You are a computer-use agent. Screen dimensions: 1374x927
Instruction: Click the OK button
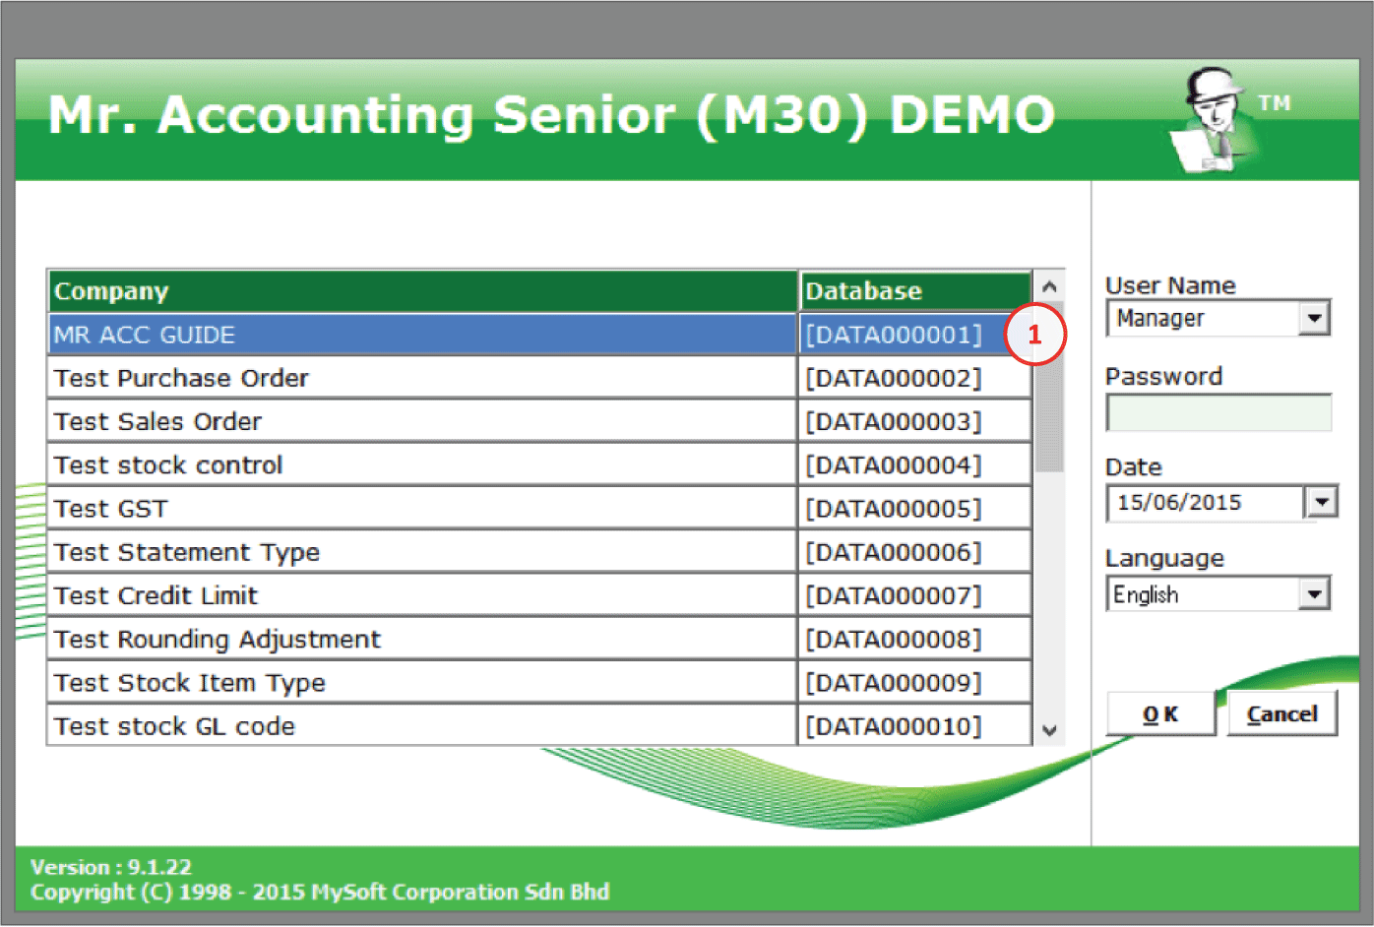point(1160,713)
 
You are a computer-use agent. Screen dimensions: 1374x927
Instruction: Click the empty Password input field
point(1218,412)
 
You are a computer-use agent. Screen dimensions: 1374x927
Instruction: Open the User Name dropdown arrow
point(1314,318)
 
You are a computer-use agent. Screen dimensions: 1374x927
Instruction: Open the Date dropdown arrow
point(1322,502)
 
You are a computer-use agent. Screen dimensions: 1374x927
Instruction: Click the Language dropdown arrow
point(1314,593)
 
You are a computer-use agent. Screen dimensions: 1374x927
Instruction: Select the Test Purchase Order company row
point(422,378)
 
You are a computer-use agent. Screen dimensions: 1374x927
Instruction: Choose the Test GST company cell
point(422,508)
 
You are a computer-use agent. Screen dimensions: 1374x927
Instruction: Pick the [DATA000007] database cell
point(914,595)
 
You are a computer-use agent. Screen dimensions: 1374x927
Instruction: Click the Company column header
point(422,290)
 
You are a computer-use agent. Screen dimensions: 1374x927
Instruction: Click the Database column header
point(914,290)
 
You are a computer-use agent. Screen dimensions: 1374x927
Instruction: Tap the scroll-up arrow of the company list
point(1049,286)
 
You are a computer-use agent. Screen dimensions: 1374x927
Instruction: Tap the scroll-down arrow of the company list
point(1049,729)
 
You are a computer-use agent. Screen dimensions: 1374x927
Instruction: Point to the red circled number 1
point(1034,335)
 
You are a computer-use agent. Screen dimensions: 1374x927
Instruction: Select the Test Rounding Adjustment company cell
point(422,639)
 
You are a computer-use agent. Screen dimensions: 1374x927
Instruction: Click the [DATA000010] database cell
point(914,726)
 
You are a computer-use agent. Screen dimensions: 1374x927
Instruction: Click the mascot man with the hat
point(1215,119)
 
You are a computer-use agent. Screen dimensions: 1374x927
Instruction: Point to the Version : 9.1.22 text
point(111,867)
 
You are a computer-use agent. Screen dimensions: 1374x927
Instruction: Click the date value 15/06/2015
point(1179,503)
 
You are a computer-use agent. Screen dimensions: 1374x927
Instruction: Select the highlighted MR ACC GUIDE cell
point(422,335)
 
